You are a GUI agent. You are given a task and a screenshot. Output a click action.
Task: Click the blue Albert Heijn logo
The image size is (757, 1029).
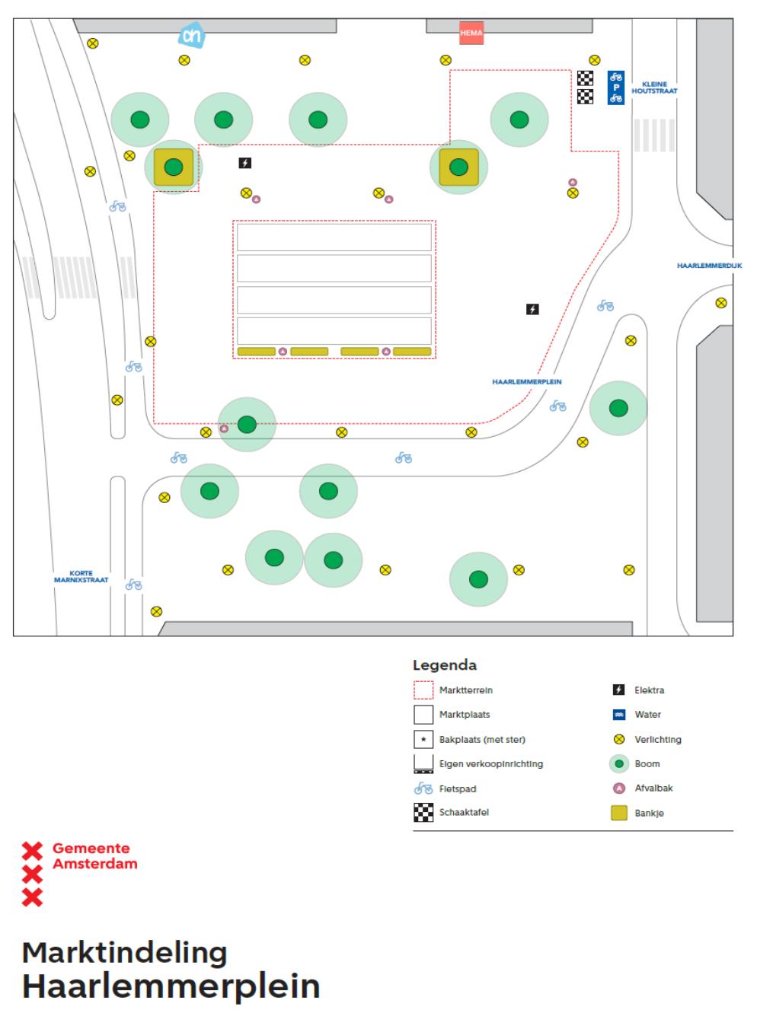click(191, 35)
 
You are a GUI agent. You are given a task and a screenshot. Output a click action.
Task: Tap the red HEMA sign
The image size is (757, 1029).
click(471, 33)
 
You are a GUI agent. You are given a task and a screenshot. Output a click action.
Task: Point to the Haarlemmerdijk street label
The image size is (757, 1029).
click(709, 266)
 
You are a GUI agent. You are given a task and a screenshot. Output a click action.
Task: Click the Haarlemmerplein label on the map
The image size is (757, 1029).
click(527, 382)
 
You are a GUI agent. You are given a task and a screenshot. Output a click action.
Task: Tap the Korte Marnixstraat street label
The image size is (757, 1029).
click(81, 577)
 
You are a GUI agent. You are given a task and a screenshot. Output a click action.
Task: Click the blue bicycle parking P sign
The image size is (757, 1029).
click(616, 88)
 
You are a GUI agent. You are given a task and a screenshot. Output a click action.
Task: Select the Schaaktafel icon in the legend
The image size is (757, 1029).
click(423, 813)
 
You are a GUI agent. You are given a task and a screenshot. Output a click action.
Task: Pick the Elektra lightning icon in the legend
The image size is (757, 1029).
click(619, 690)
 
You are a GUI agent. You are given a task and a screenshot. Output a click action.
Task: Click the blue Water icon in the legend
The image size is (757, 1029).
click(619, 715)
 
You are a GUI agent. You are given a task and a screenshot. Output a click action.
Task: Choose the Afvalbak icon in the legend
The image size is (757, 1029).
click(619, 788)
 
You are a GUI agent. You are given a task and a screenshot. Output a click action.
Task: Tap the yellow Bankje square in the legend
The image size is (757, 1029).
click(619, 813)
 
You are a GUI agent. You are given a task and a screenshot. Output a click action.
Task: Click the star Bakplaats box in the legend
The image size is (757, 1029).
click(423, 740)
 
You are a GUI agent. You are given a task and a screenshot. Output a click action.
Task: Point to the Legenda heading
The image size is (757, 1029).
click(445, 665)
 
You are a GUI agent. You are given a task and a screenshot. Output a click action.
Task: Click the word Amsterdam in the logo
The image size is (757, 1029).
click(95, 864)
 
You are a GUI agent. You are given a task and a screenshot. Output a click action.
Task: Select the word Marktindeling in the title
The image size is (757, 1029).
click(125, 953)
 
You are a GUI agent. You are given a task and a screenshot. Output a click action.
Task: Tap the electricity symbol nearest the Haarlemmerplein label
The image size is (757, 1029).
click(533, 309)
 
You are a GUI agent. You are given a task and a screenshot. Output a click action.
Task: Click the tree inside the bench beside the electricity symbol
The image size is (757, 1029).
click(174, 166)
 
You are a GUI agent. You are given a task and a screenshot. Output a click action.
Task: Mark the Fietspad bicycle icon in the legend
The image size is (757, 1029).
click(423, 788)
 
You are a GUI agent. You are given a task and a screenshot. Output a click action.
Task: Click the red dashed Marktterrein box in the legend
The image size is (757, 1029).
click(423, 690)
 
